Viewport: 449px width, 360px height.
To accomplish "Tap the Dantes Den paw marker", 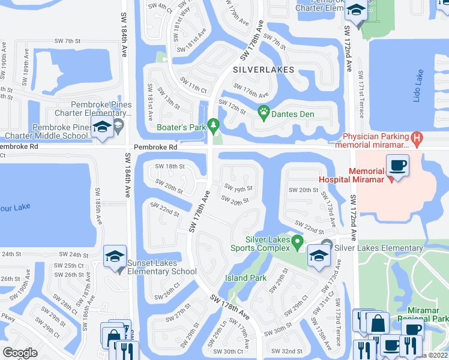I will [x=263, y=111].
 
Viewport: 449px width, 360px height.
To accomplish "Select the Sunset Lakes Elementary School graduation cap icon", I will [x=115, y=256].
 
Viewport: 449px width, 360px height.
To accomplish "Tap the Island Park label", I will [x=246, y=278].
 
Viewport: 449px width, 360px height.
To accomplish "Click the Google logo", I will [x=20, y=353].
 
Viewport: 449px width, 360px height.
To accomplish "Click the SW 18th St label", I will [x=169, y=166].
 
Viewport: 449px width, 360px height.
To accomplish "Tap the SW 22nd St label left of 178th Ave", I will [x=164, y=209].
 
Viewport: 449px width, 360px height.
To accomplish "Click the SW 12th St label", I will [x=232, y=107].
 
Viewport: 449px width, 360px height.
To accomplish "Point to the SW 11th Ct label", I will [x=193, y=85].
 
